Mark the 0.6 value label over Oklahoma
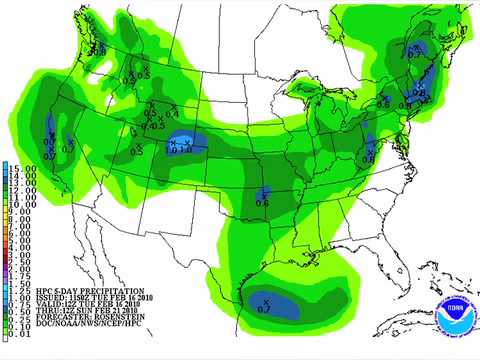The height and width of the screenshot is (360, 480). click(x=262, y=203)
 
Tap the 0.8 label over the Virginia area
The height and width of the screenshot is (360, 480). click(x=368, y=159)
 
